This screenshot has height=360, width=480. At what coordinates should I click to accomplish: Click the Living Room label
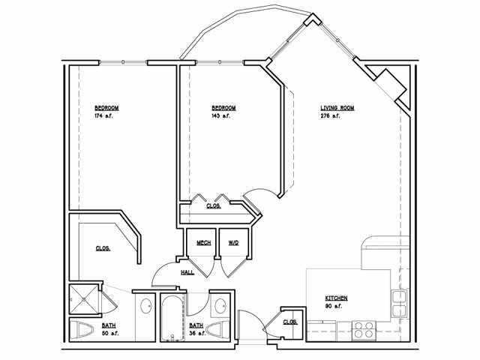point(337,108)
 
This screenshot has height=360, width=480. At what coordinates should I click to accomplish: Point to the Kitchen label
point(335,298)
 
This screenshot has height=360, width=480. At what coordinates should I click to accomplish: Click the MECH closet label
point(203,243)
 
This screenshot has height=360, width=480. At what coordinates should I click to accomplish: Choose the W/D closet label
point(233,243)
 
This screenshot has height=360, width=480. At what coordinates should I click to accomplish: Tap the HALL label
point(187,271)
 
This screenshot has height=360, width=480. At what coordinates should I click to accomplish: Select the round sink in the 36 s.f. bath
point(219,305)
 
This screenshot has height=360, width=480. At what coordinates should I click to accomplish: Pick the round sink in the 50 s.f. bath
point(145,305)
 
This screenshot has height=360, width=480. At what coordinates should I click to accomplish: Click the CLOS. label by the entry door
point(290,322)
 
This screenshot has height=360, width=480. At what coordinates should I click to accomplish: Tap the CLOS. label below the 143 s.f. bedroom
point(213,205)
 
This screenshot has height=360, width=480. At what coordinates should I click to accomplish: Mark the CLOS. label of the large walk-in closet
point(103,248)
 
